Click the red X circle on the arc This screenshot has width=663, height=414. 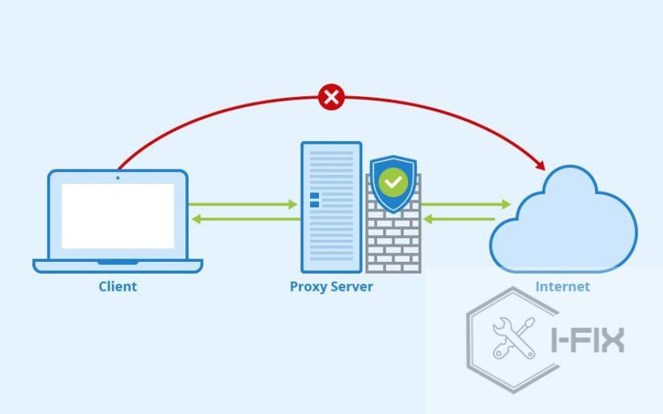pyautogui.click(x=331, y=97)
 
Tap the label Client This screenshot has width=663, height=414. pyautogui.click(x=118, y=286)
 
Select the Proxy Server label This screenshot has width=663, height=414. pyautogui.click(x=331, y=286)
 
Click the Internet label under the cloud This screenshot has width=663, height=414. pyautogui.click(x=562, y=286)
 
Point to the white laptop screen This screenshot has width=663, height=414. pyautogui.click(x=118, y=215)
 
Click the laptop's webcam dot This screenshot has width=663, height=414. pyautogui.click(x=118, y=177)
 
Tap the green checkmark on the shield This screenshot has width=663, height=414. pyautogui.click(x=393, y=183)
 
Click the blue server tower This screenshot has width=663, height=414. pyautogui.click(x=331, y=207)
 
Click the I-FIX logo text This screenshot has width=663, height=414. pyautogui.click(x=587, y=340)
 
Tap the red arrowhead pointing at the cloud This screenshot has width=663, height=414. pyautogui.click(x=540, y=165)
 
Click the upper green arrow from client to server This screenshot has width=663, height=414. pyautogui.click(x=243, y=204)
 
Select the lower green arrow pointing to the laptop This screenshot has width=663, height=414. pyautogui.click(x=243, y=218)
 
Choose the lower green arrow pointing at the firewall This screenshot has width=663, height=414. pyautogui.click(x=459, y=218)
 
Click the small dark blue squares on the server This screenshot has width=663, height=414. pyautogui.click(x=314, y=200)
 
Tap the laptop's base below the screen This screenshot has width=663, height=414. pyautogui.click(x=118, y=266)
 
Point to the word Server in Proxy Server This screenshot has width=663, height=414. pyautogui.click(x=351, y=286)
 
